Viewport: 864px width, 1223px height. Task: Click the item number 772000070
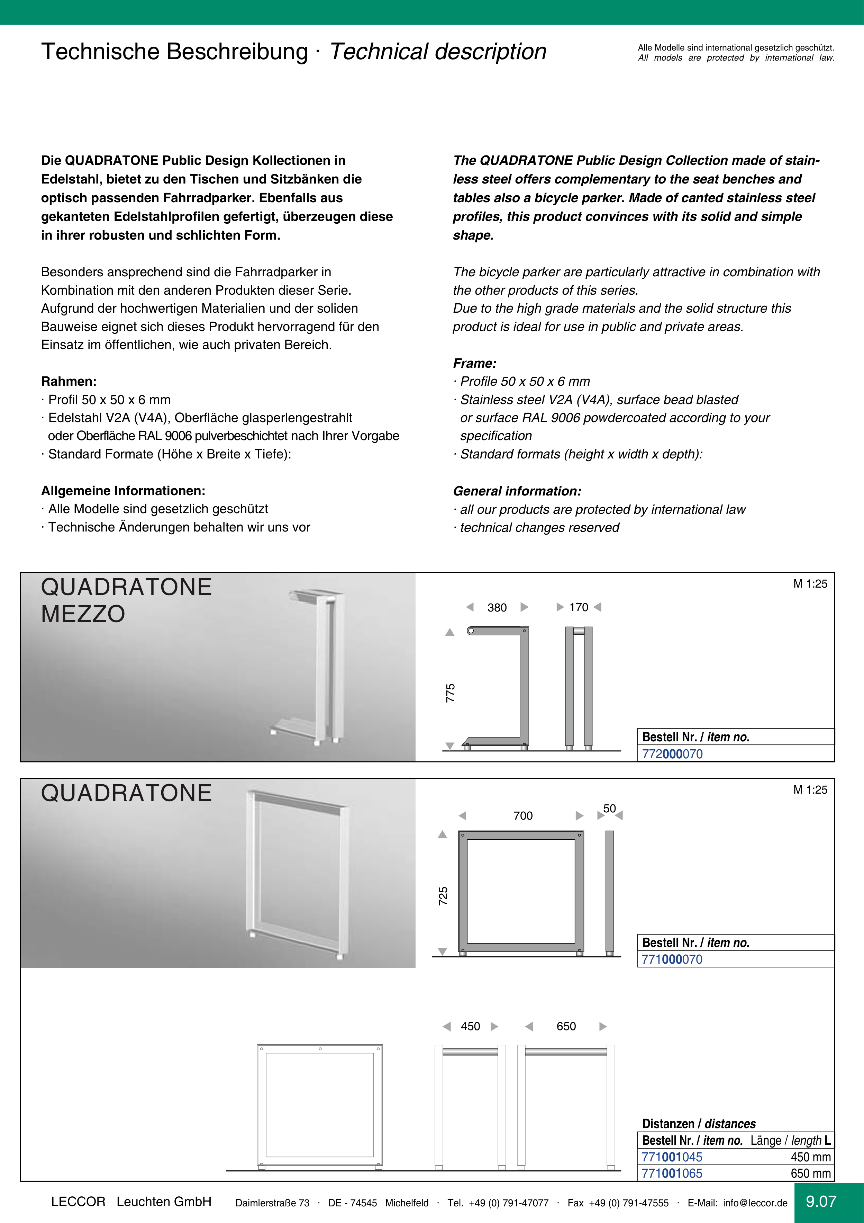672,754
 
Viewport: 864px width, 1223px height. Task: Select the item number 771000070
672,959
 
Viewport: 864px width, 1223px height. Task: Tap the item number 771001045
672,1157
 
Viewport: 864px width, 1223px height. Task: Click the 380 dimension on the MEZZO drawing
497,608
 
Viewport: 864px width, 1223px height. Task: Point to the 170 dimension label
579,607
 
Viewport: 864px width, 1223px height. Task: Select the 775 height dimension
451,693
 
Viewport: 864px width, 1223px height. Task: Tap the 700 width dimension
523,815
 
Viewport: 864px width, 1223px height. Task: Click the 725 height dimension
443,896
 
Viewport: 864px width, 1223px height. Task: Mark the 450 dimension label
470,1026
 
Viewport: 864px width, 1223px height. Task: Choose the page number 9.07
821,1201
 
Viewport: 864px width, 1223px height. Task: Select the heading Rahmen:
69,381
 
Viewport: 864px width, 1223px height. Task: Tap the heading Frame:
474,363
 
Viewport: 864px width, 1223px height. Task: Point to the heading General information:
517,491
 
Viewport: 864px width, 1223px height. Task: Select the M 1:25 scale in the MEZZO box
810,584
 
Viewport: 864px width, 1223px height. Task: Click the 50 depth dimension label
610,809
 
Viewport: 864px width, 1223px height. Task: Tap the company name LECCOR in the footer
78,1202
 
